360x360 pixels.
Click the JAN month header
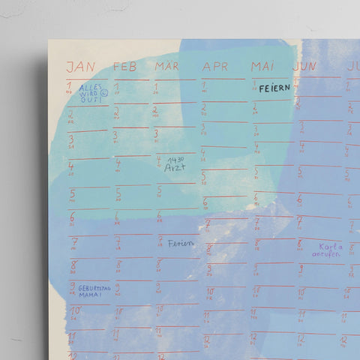pyautogui.click(x=81, y=67)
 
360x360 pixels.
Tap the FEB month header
pyautogui.click(x=125, y=67)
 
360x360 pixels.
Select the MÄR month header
pyautogui.click(x=168, y=67)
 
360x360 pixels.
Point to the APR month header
pyautogui.click(x=214, y=67)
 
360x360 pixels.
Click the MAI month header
pyautogui.click(x=263, y=67)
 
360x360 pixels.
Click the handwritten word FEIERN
pyautogui.click(x=274, y=88)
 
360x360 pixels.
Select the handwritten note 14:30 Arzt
pyautogui.click(x=175, y=164)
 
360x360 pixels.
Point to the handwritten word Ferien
pyautogui.click(x=180, y=243)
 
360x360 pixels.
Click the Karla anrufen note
pyautogui.click(x=330, y=249)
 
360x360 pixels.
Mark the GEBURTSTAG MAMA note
pyautogui.click(x=91, y=290)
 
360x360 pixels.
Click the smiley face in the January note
pyautogui.click(x=104, y=93)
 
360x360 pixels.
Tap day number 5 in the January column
pyautogui.click(x=73, y=193)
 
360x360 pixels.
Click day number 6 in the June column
pyautogui.click(x=298, y=199)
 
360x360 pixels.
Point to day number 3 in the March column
pyautogui.click(x=156, y=135)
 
